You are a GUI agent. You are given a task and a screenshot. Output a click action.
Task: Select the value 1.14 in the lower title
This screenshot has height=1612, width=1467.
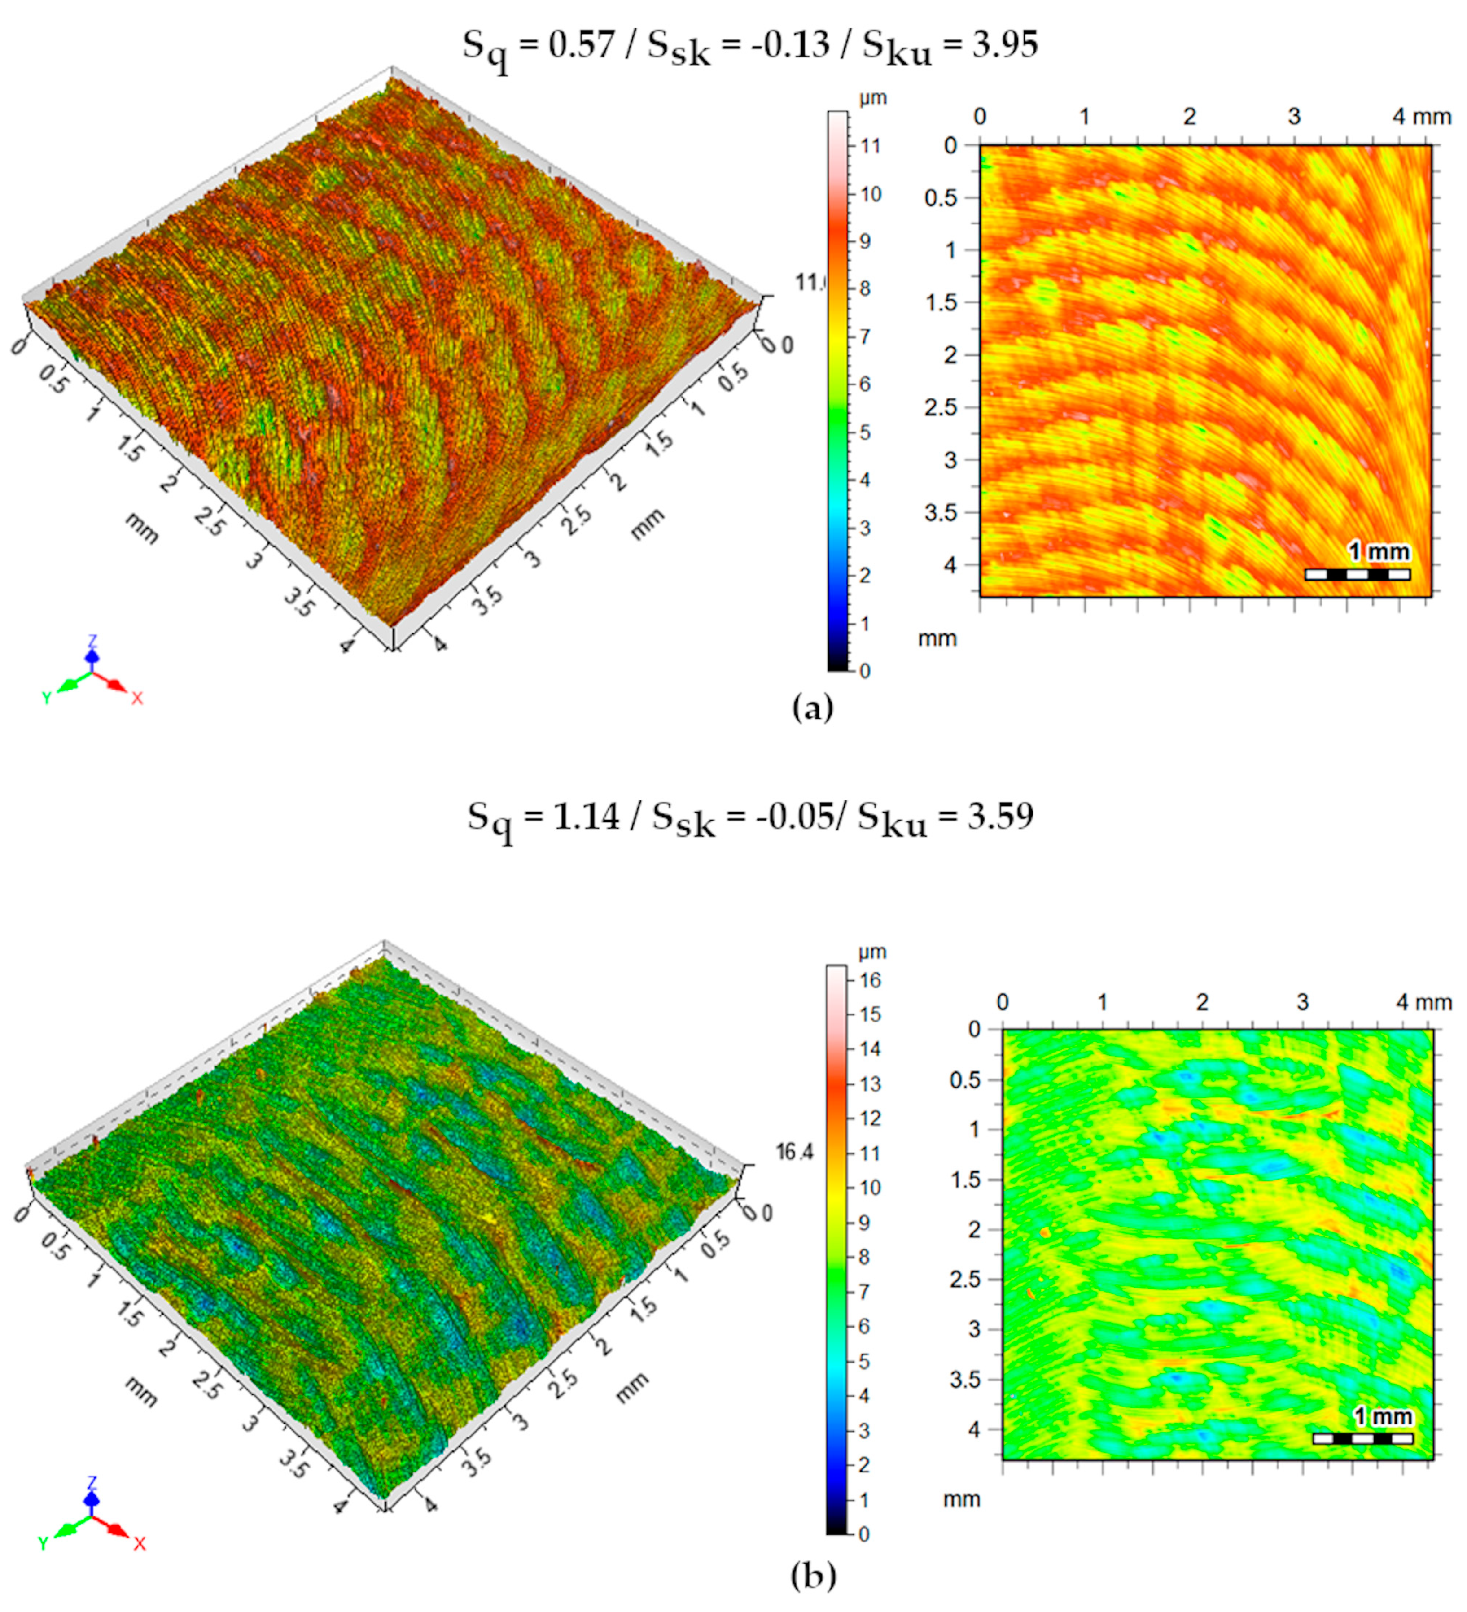coord(587,817)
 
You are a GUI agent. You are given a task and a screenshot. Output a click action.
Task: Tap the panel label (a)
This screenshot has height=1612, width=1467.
coord(812,708)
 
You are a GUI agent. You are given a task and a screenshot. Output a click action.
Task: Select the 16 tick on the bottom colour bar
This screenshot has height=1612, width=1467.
coord(870,980)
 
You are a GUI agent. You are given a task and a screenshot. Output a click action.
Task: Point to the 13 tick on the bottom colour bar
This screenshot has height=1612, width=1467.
coord(870,1084)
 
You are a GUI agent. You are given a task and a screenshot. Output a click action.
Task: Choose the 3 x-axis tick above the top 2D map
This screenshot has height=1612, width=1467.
coord(1294,117)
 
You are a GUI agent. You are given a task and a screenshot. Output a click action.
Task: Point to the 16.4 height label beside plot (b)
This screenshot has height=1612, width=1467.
coord(794,1152)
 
